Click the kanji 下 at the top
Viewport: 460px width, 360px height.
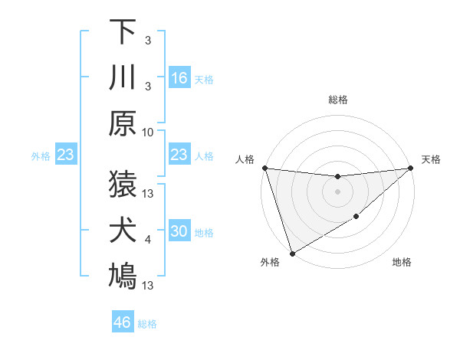pyautogui.click(x=123, y=32)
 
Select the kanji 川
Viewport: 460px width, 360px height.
pyautogui.click(x=123, y=77)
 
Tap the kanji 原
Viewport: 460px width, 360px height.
pyautogui.click(x=123, y=123)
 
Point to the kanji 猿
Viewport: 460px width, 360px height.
pyautogui.click(x=123, y=185)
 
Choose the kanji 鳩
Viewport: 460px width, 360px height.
pyautogui.click(x=123, y=277)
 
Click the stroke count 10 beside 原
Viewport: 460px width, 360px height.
pyautogui.click(x=149, y=132)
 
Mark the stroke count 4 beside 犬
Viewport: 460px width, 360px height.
pyautogui.click(x=148, y=240)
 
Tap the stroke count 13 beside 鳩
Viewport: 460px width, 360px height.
pyautogui.click(x=149, y=286)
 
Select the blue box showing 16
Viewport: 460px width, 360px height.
pyautogui.click(x=179, y=77)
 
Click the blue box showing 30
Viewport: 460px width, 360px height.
pyautogui.click(x=179, y=232)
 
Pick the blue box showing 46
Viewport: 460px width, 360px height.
pyautogui.click(x=122, y=322)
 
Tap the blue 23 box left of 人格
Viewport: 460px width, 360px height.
pyautogui.click(x=179, y=155)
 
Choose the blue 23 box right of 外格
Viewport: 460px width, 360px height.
pyautogui.click(x=66, y=155)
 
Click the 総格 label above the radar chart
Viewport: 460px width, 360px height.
pyautogui.click(x=337, y=100)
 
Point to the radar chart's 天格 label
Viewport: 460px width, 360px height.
pyautogui.click(x=431, y=159)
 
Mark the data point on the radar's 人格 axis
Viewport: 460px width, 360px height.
pyautogui.click(x=264, y=168)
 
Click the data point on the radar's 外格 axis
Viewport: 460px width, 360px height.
pyautogui.click(x=292, y=253)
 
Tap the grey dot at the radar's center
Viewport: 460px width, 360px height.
pyautogui.click(x=337, y=191)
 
